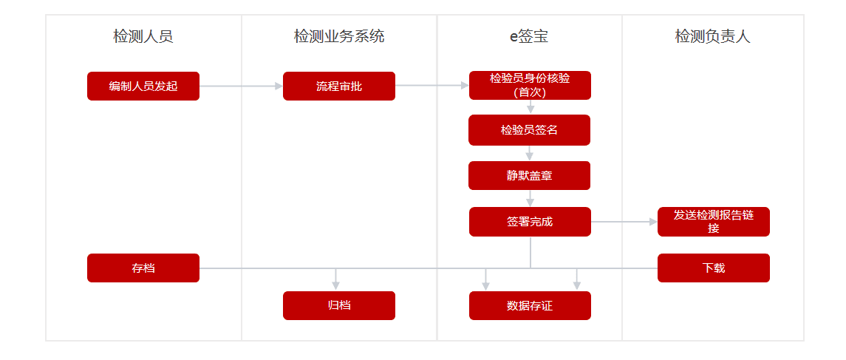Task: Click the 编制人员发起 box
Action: [x=143, y=86]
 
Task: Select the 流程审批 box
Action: [x=339, y=86]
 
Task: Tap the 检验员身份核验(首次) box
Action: [x=530, y=85]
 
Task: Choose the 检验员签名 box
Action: [x=529, y=130]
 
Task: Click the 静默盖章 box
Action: [x=529, y=175]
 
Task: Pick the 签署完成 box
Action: [x=530, y=221]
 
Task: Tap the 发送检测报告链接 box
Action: [x=713, y=221]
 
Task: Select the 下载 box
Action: [x=713, y=268]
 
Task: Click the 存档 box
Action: [x=143, y=268]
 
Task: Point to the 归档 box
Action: [x=339, y=305]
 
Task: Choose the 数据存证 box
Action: [x=530, y=305]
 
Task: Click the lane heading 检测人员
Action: [x=143, y=37]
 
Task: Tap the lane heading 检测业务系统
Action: [x=339, y=37]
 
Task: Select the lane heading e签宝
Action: [x=529, y=37]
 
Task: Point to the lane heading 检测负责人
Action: [x=713, y=37]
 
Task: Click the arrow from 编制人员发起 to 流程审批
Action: [x=241, y=86]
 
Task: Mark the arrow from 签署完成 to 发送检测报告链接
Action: [x=624, y=221]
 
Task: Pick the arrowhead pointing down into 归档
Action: [x=335, y=287]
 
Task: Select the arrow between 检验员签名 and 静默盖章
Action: [x=530, y=153]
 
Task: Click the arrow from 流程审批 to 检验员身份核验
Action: [x=432, y=85]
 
